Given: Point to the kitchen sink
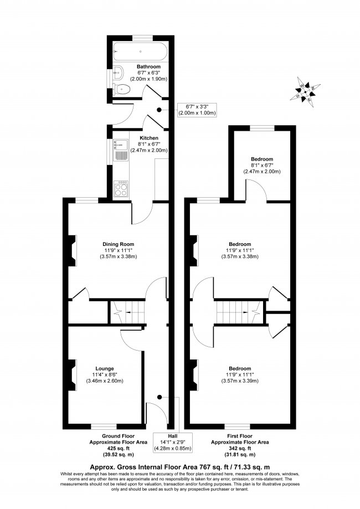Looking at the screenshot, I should tap(119, 149).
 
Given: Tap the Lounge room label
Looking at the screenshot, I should tap(104, 368).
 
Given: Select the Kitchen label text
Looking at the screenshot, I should tap(149, 137).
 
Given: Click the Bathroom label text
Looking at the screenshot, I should tap(149, 66).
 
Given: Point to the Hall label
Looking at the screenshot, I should tap(164, 435).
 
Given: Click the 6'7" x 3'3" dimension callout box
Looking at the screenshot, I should tap(196, 110).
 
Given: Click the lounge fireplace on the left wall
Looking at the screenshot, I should tap(73, 376).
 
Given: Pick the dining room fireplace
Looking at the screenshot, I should tap(72, 250).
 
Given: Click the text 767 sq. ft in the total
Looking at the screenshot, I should tap(219, 467).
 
